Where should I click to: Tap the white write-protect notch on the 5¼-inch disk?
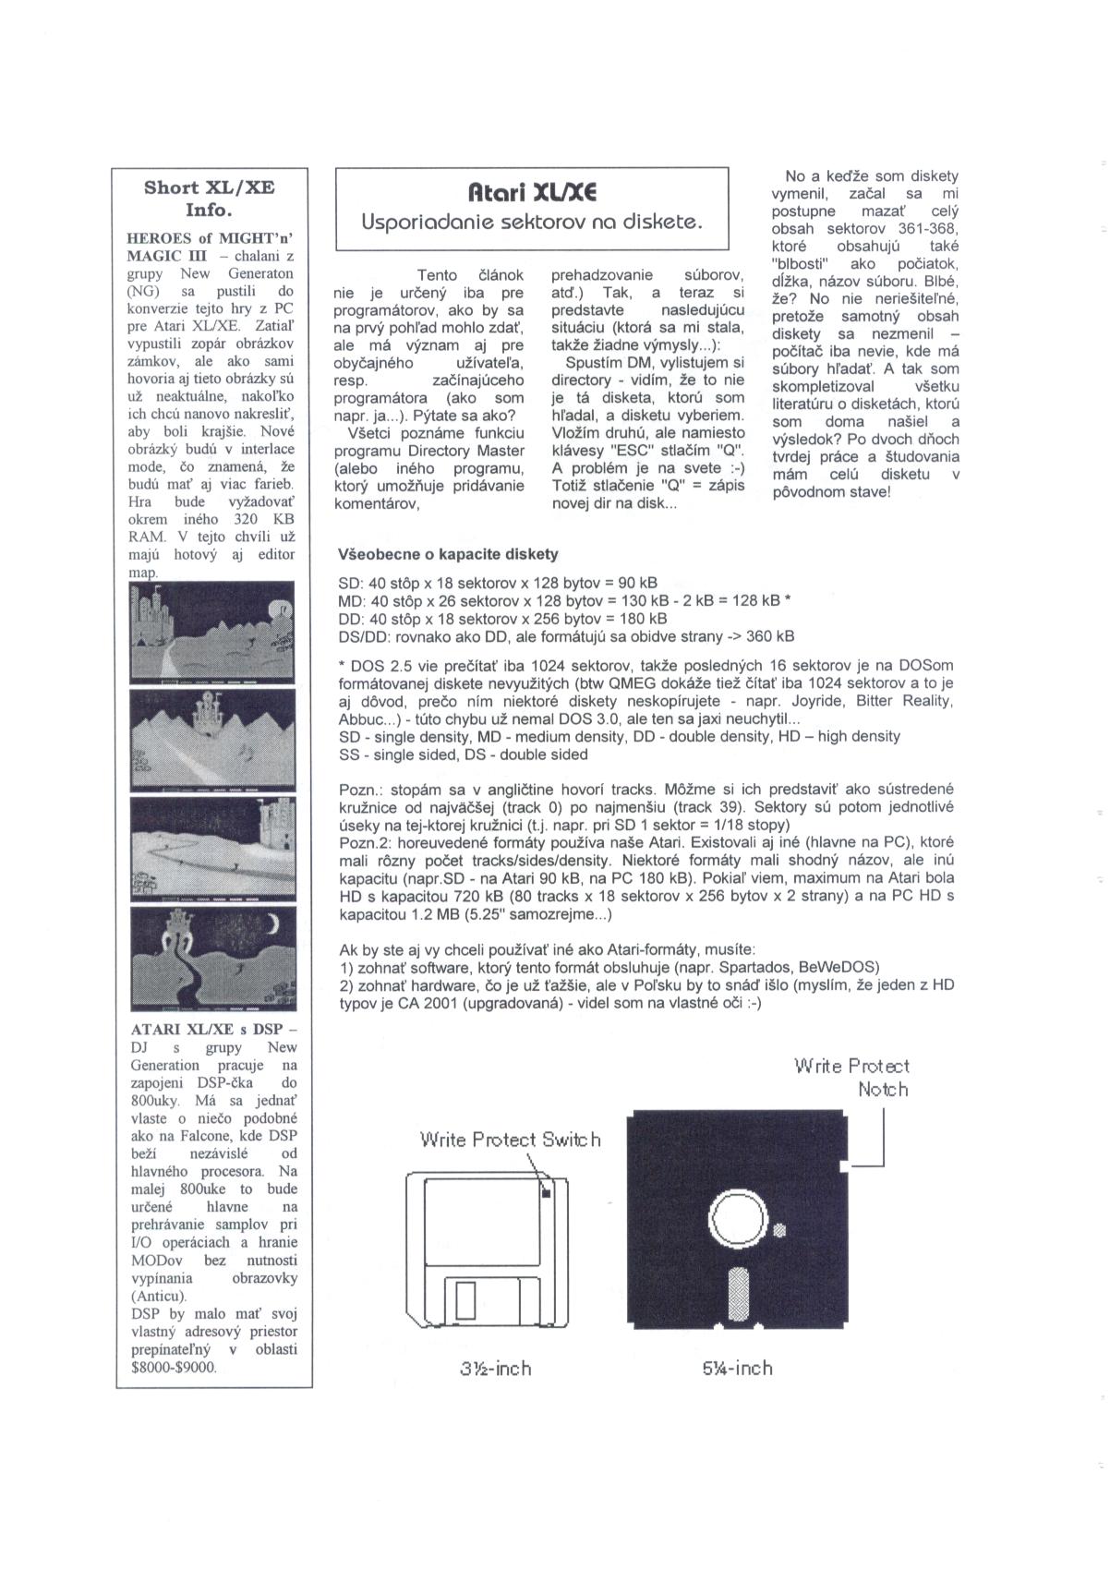tap(845, 1167)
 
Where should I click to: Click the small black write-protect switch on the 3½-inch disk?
tap(545, 1192)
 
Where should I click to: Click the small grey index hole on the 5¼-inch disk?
tap(779, 1229)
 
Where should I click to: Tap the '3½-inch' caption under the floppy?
tap(496, 1368)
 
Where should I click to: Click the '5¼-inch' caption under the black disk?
tap(737, 1368)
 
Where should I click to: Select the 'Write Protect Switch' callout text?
tap(510, 1140)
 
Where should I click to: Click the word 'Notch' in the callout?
tap(883, 1090)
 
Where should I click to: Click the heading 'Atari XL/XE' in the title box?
tap(531, 192)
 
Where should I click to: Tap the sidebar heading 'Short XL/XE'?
tap(209, 187)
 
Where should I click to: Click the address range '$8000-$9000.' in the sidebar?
tap(174, 1368)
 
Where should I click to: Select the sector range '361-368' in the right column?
tap(928, 228)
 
